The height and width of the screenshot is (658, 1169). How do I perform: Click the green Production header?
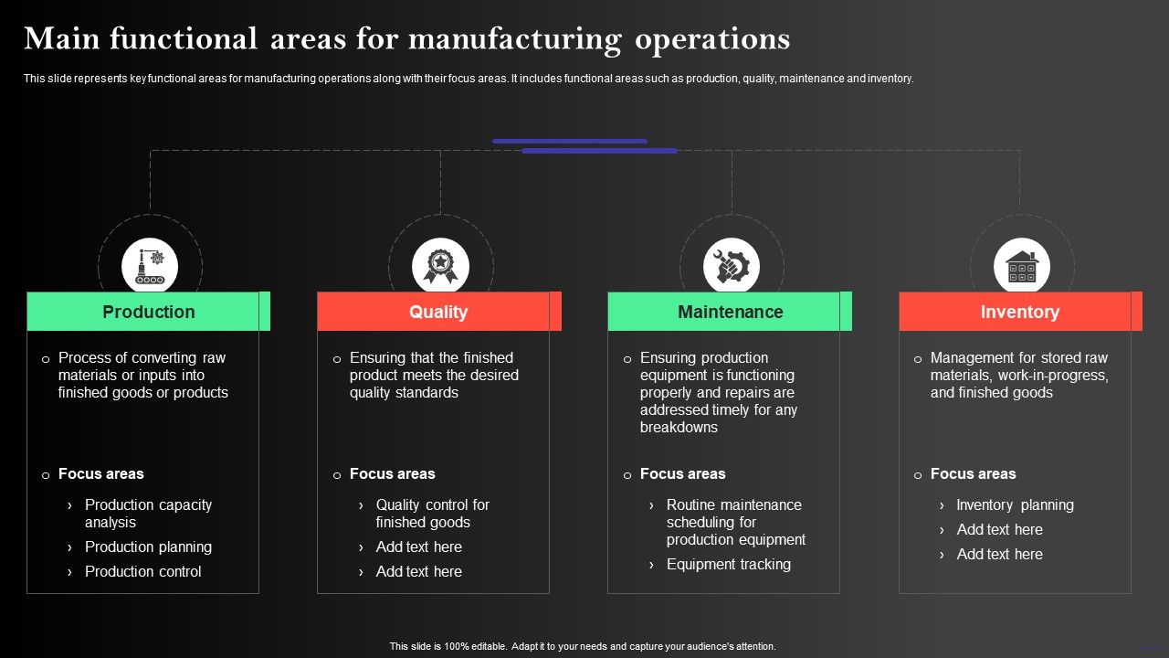coord(148,312)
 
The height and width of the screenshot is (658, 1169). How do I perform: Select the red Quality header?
coord(438,312)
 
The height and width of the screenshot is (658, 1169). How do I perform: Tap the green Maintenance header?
coord(730,312)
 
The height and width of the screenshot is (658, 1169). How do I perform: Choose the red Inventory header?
coord(1019,312)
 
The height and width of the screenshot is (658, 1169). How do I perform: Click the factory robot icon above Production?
coord(150,267)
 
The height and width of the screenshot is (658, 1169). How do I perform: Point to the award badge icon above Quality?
coord(440,267)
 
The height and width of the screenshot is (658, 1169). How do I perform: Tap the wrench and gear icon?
coord(731,267)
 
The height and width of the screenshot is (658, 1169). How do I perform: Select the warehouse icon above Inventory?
coord(1021,267)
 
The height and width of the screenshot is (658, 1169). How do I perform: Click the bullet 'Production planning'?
coord(148,547)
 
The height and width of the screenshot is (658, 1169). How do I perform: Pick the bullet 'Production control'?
coord(142,571)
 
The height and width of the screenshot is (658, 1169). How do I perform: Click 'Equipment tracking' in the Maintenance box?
coord(728,564)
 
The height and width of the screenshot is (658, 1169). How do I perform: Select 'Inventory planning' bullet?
coord(1015,504)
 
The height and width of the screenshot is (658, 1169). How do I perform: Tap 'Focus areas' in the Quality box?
coord(392,473)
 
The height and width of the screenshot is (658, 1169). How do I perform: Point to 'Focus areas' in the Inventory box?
coord(973,473)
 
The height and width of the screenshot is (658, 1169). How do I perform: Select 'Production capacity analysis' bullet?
coord(148,514)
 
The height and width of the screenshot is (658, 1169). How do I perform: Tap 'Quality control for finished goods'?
coord(432,514)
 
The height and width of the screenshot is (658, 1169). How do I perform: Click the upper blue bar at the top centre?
coord(569,142)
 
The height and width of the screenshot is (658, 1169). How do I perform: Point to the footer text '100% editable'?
coord(477,646)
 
